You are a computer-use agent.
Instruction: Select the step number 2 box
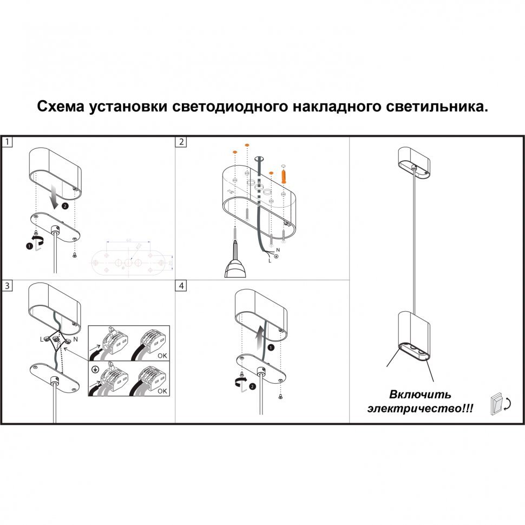pos(181,142)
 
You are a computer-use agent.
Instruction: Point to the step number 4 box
pos(181,285)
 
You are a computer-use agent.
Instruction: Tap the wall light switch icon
pos(495,403)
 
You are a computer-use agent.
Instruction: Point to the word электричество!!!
pos(419,409)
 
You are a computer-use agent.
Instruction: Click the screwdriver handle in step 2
pos(235,268)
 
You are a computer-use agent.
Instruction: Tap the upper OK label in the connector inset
pos(162,357)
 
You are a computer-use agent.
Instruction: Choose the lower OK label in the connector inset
pos(162,390)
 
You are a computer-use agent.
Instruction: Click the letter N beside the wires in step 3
pos(75,338)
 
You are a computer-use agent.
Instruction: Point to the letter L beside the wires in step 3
pos(41,339)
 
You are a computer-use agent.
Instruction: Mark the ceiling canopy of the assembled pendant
pos(414,162)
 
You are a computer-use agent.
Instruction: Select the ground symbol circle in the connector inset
pos(95,370)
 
